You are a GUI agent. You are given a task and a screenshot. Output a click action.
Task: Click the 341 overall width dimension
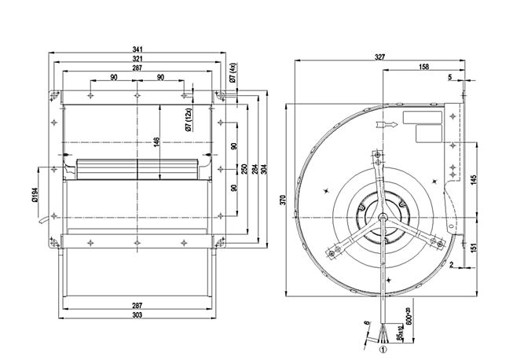tap(137, 50)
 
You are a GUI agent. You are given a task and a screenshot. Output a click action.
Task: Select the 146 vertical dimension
tap(156, 141)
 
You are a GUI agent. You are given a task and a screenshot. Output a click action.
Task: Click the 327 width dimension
tap(379, 58)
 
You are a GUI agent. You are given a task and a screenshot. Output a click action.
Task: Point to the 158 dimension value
tap(423, 68)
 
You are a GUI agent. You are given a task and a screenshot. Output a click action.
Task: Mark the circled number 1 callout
tap(384, 350)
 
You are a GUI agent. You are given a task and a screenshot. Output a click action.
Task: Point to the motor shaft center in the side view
tap(383, 218)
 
